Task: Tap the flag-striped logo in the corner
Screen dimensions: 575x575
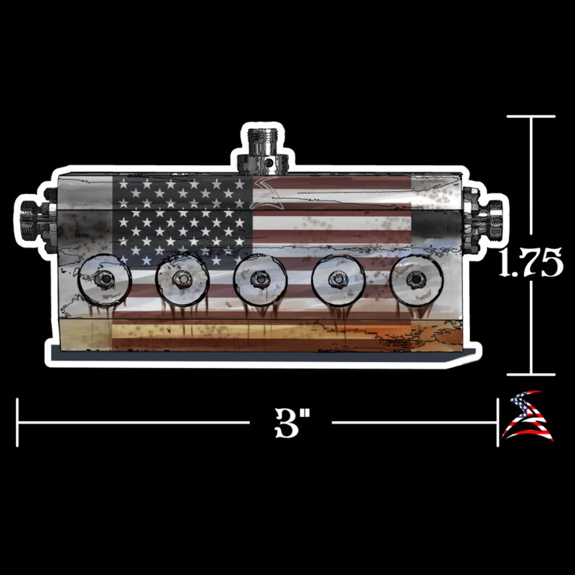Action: point(528,418)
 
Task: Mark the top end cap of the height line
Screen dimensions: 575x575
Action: point(531,117)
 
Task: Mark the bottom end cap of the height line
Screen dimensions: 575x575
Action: point(531,374)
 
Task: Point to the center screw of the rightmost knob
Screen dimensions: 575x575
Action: point(416,279)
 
